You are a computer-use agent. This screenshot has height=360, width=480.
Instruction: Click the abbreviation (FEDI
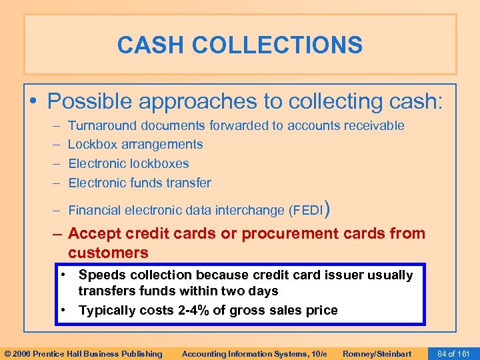point(305,211)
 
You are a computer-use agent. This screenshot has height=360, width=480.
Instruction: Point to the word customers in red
point(107,253)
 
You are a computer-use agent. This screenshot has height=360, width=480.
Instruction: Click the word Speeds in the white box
point(100,275)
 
